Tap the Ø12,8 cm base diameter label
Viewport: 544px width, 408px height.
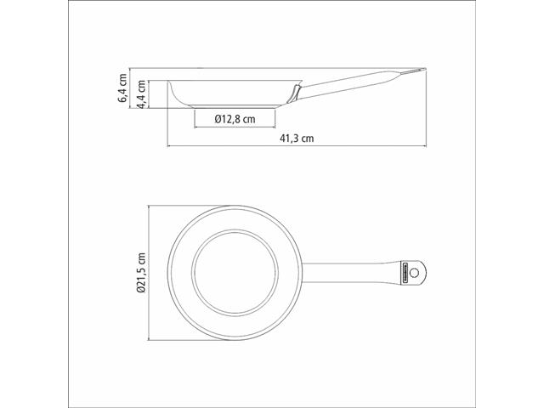click(x=234, y=120)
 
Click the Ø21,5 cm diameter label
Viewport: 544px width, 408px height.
click(x=142, y=271)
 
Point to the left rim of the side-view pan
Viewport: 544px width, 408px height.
click(x=170, y=84)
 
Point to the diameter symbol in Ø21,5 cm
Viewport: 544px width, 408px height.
click(x=142, y=290)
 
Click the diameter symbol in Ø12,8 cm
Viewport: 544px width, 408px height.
click(x=218, y=120)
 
